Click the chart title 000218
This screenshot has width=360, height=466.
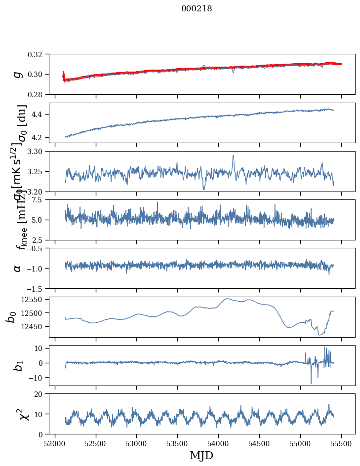[197, 9]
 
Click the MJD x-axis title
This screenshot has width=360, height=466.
[201, 455]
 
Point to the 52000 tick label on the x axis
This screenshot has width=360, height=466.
[55, 443]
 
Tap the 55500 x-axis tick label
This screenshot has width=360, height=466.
[341, 443]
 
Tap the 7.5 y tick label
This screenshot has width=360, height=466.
[41, 199]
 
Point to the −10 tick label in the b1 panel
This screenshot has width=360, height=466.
[38, 378]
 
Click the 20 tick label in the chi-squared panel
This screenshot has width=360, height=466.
[42, 394]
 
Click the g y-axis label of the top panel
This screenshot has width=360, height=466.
[18, 74]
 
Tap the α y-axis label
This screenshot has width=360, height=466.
[18, 268]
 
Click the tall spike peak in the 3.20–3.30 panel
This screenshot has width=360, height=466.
[233, 155]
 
